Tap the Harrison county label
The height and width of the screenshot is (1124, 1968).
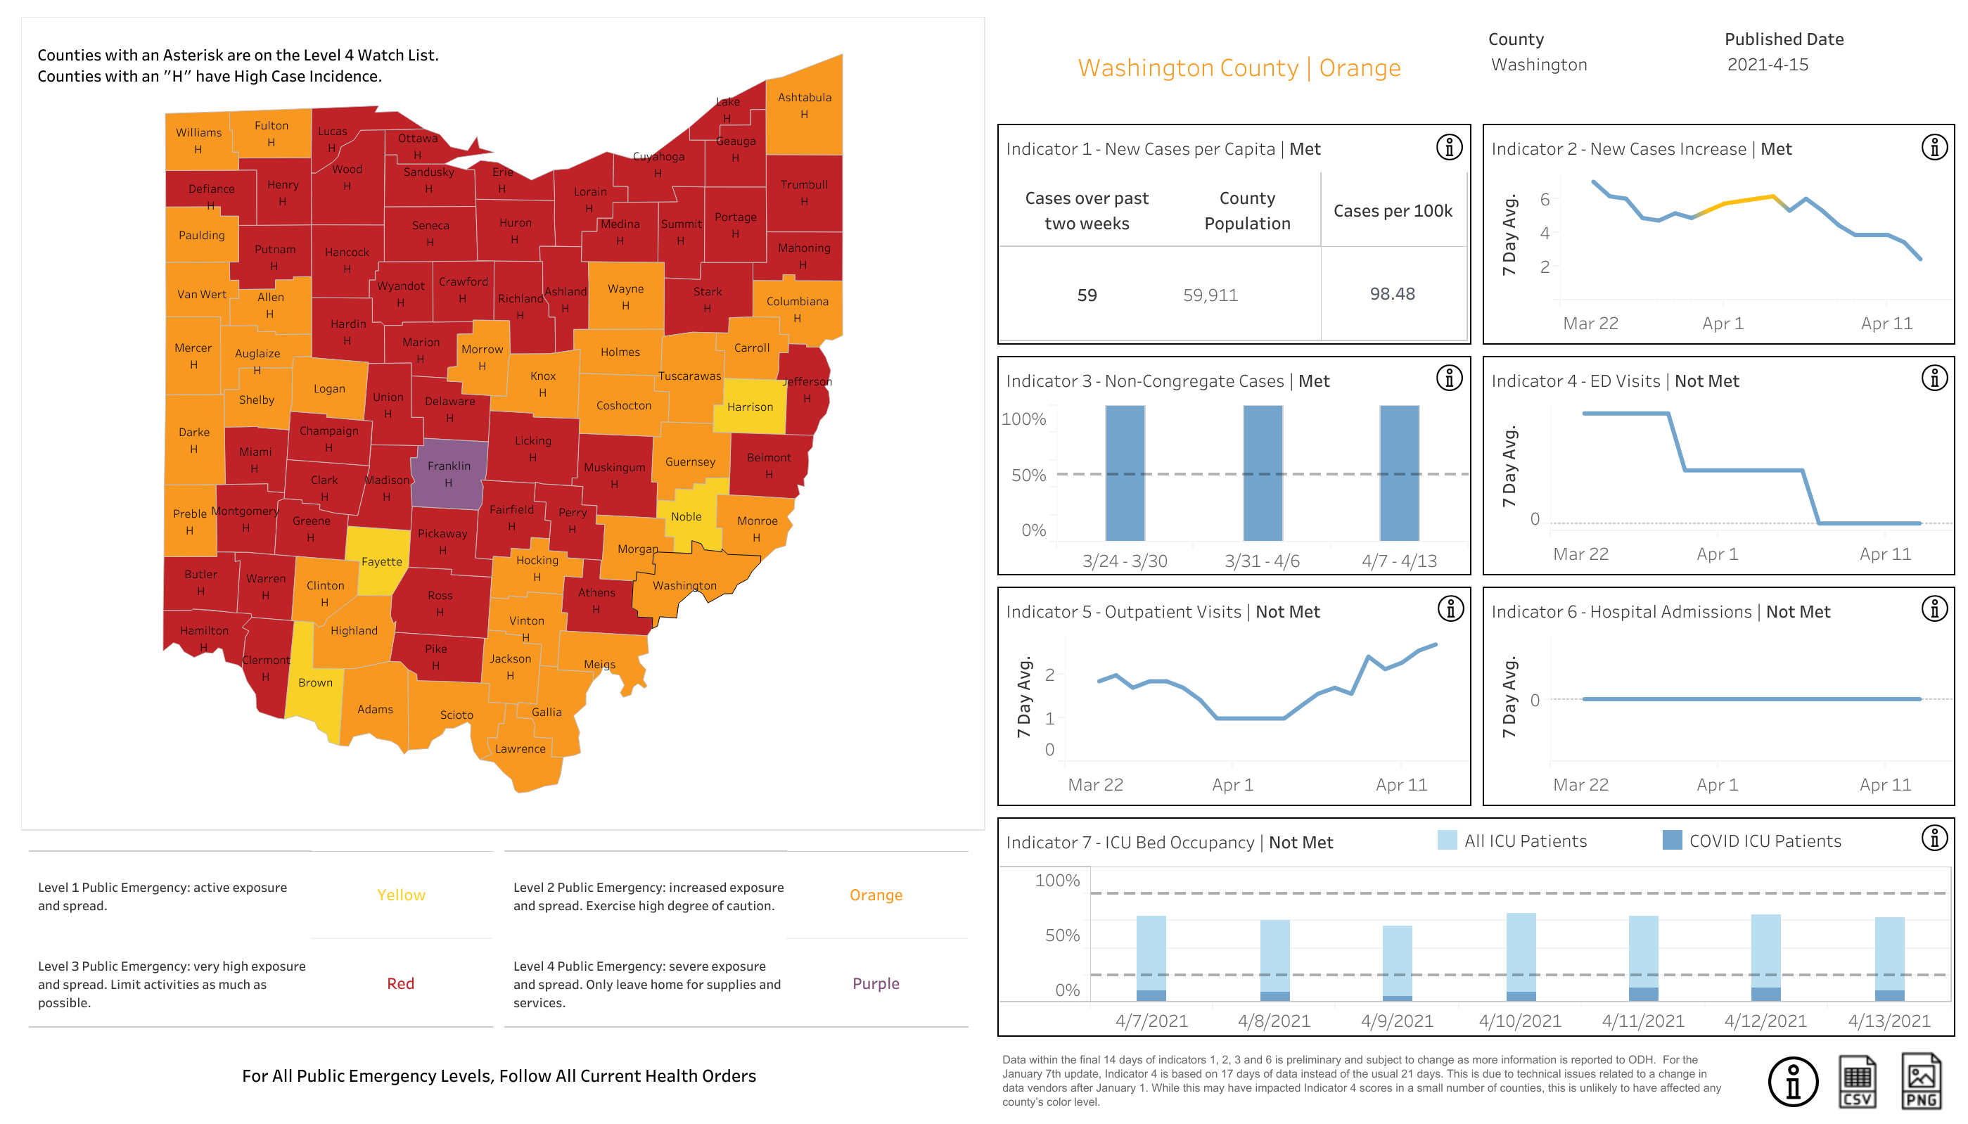(x=749, y=407)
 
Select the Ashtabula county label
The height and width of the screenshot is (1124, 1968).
(x=804, y=97)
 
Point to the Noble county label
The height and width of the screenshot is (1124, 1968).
(x=686, y=516)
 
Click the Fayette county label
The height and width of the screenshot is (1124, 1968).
(x=381, y=562)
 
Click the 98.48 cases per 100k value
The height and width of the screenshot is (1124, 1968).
(x=1392, y=294)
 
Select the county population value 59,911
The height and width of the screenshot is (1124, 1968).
(x=1210, y=295)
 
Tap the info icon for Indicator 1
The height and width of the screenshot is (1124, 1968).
(x=1449, y=148)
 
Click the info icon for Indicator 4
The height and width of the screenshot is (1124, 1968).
(x=1934, y=378)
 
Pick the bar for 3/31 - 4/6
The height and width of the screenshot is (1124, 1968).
(x=1263, y=473)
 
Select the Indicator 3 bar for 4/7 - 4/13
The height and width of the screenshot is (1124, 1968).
(x=1399, y=473)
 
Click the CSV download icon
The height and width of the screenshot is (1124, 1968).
(x=1857, y=1082)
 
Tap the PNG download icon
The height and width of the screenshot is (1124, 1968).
(x=1920, y=1082)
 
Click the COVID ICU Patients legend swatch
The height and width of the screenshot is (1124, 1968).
(x=1672, y=840)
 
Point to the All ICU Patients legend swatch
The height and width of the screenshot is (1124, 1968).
(x=1447, y=840)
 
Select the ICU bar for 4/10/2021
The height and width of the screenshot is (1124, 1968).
(x=1521, y=957)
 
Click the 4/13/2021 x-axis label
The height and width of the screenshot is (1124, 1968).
(x=1889, y=1021)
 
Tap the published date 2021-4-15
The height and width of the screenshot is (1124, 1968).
(x=1768, y=65)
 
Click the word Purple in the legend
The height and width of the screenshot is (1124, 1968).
(x=875, y=983)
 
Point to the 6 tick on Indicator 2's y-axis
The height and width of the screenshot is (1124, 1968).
(x=1545, y=199)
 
